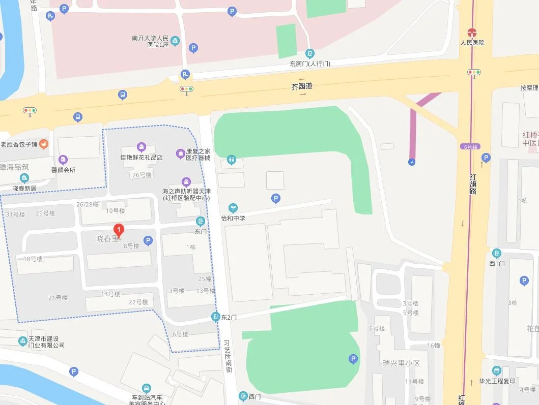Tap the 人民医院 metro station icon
click(x=472, y=32)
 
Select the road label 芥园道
click(x=301, y=86)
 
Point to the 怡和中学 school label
click(x=233, y=219)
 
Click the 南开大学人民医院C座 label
click(x=150, y=41)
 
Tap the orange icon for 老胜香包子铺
click(x=44, y=144)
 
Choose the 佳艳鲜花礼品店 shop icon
click(x=141, y=147)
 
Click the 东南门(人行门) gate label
click(x=310, y=64)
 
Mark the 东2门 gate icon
click(x=216, y=317)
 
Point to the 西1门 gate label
click(x=496, y=263)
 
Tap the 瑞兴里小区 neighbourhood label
click(x=402, y=363)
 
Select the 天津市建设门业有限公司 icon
click(x=22, y=341)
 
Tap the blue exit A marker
click(x=411, y=162)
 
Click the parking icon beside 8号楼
click(x=148, y=241)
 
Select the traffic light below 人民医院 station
click(x=474, y=72)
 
